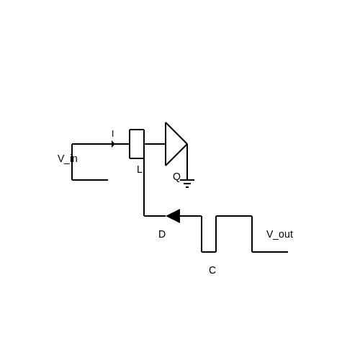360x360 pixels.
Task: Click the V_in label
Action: (x=68, y=159)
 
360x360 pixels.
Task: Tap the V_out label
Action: (x=279, y=234)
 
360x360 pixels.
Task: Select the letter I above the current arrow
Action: (x=112, y=134)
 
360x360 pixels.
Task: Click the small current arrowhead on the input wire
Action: (x=113, y=144)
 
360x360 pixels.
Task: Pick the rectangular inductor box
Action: (x=137, y=144)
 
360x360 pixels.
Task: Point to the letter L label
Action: (x=139, y=170)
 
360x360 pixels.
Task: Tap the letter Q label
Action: (x=176, y=177)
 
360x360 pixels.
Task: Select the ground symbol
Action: (x=187, y=184)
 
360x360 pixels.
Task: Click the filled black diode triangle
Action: (x=174, y=216)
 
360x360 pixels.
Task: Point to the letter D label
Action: (x=162, y=234)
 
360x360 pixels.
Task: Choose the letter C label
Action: (x=212, y=270)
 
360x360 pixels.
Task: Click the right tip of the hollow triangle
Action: (x=187, y=144)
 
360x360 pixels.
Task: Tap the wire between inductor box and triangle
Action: (x=155, y=144)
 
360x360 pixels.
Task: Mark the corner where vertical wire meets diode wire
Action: (x=144, y=216)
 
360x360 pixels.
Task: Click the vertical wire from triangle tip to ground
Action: (x=187, y=162)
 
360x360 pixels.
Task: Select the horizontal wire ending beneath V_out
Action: (x=270, y=252)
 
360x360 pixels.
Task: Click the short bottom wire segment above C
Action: (x=209, y=252)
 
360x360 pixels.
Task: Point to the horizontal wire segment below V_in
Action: (x=90, y=180)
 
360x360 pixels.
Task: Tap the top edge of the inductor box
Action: (x=137, y=130)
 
